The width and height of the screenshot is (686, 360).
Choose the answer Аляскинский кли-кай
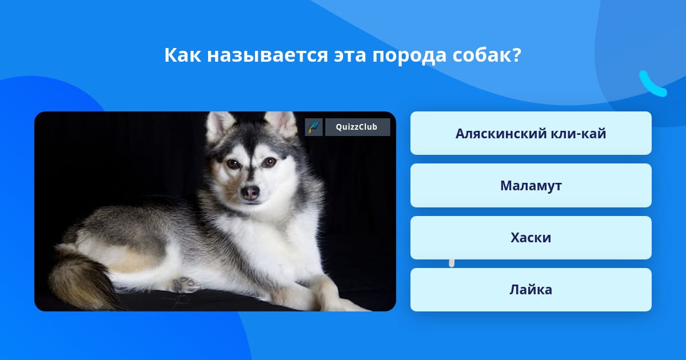(531, 133)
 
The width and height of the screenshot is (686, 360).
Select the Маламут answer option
(531, 186)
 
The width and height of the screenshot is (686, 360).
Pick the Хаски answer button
(531, 238)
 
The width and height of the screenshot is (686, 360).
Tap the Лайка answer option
(531, 290)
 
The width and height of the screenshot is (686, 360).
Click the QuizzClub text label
(357, 127)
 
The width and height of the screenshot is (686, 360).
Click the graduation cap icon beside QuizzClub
(314, 127)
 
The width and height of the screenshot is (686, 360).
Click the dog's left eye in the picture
(233, 164)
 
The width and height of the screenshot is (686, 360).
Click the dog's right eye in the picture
(270, 162)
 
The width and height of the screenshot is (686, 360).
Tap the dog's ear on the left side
(219, 126)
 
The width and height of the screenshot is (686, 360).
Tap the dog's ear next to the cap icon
(282, 122)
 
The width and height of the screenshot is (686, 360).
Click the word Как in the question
(182, 55)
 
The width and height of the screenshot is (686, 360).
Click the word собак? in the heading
(487, 55)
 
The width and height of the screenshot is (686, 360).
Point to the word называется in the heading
(268, 56)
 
